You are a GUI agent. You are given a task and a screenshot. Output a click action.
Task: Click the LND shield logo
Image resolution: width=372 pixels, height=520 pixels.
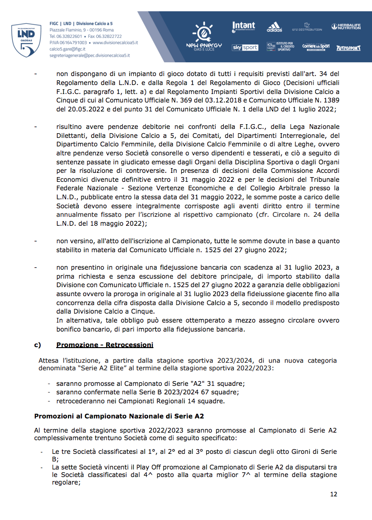25,39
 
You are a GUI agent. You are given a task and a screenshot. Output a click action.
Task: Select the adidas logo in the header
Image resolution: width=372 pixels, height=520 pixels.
274,27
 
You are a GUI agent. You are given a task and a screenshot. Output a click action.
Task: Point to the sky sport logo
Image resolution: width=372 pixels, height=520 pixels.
245,48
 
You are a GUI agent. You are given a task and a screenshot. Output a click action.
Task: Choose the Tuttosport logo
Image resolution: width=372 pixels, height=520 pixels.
348,48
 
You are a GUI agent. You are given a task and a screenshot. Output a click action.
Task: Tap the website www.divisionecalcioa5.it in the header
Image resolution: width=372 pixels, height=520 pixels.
115,43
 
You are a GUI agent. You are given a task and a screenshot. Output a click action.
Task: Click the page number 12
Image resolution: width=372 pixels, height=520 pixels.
333,494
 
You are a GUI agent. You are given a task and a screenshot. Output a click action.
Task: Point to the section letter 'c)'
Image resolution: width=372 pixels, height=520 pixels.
37,344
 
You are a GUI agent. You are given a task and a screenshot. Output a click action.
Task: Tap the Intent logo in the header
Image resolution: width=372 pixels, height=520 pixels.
244,26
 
